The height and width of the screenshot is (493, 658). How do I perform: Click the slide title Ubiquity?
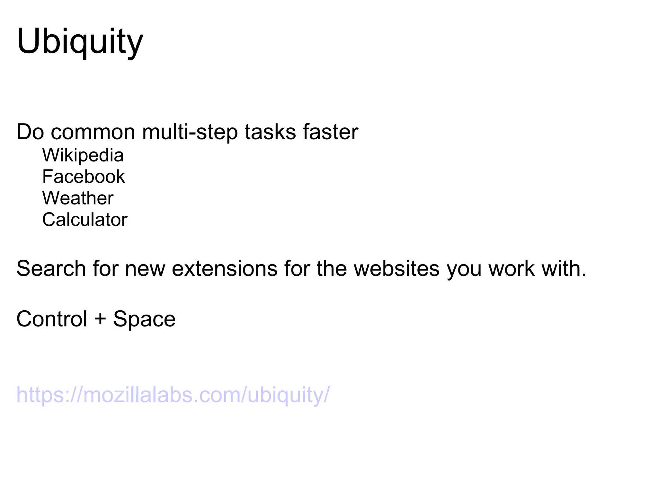click(x=80, y=42)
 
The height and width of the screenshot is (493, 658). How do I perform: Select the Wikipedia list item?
click(x=83, y=155)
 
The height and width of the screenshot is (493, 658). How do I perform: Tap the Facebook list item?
click(x=84, y=177)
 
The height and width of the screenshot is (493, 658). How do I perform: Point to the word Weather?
click(x=78, y=198)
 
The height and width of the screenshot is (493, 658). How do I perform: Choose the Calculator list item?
click(x=85, y=220)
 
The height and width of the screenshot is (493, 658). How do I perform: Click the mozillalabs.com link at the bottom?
click(x=173, y=395)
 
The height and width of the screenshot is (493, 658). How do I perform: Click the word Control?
click(x=52, y=319)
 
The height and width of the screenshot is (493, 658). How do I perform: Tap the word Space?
click(x=144, y=319)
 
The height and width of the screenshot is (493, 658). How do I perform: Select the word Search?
click(x=51, y=268)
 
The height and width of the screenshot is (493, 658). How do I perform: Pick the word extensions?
click(x=225, y=268)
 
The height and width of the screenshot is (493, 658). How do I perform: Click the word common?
click(x=93, y=132)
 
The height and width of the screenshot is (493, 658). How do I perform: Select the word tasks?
click(x=270, y=132)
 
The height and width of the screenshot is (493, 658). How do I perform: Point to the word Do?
click(x=30, y=132)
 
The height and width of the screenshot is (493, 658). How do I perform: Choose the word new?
click(x=145, y=268)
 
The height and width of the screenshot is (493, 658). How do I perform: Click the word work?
click(x=511, y=268)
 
